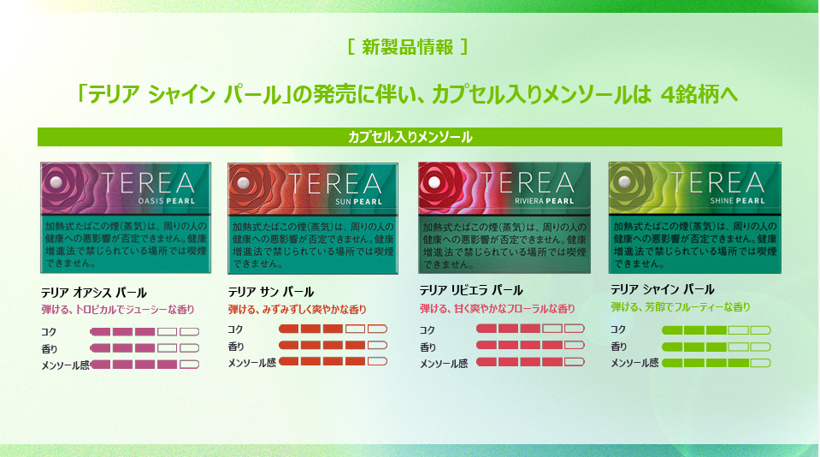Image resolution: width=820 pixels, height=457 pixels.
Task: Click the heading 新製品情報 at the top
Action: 407,47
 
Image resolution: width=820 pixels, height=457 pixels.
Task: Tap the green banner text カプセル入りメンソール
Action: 410,137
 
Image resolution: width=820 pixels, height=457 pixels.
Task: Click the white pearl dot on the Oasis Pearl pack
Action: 56,182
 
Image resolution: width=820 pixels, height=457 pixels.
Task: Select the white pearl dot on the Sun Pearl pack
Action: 243,183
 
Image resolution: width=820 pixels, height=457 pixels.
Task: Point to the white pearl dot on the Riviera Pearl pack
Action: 434,182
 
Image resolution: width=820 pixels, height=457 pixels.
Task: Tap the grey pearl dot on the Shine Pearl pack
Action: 624,181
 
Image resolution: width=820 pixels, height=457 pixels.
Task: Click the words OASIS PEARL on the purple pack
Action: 166,201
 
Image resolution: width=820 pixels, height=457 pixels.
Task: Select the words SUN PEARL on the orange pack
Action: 359,201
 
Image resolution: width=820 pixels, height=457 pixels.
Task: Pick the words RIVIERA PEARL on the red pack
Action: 545,201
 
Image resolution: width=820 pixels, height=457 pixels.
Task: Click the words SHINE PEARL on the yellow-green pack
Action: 737,200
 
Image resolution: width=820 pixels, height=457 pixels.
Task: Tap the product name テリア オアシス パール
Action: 94,292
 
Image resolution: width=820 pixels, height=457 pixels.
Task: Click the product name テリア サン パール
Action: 271,292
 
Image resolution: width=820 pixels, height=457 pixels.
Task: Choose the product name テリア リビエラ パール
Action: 471,290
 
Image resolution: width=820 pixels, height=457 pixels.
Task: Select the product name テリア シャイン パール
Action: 663,289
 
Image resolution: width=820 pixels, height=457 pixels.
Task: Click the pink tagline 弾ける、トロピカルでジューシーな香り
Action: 118,310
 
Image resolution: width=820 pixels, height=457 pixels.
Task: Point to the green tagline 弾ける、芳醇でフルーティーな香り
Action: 681,307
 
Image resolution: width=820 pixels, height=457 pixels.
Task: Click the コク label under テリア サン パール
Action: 235,329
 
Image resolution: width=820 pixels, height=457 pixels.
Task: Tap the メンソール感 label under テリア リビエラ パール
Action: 444,364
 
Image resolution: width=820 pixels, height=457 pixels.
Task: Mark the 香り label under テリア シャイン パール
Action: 619,347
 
